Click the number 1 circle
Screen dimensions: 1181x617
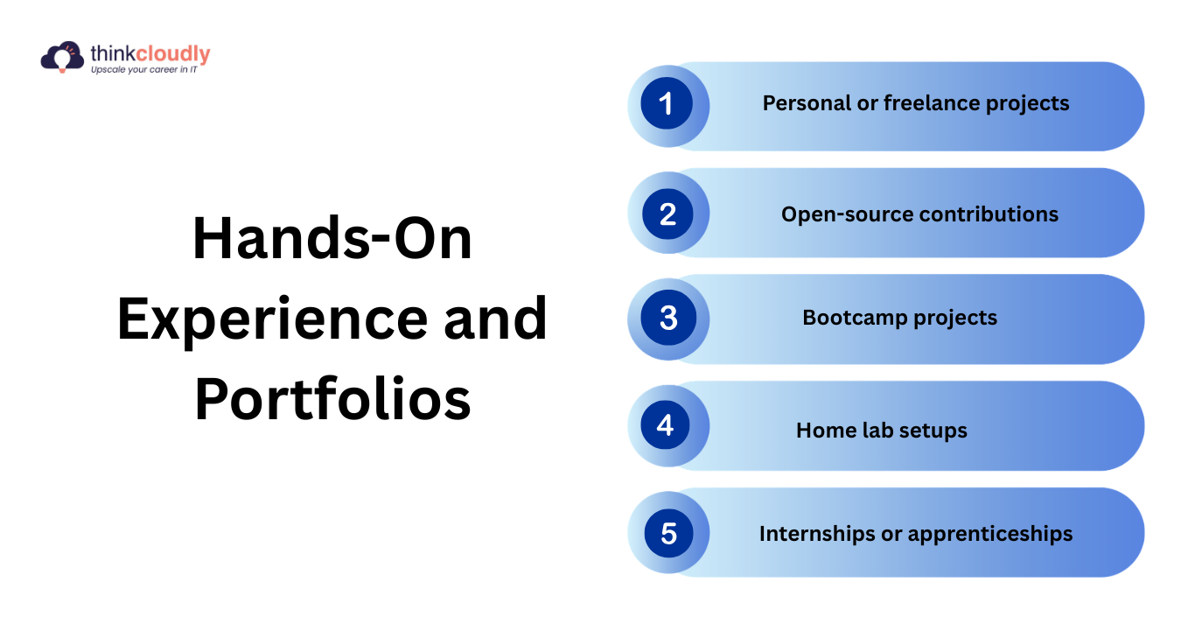[667, 103]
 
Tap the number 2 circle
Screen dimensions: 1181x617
[667, 214]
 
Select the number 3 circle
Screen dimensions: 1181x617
[668, 318]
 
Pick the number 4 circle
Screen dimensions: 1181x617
[666, 425]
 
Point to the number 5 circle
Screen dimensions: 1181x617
[668, 533]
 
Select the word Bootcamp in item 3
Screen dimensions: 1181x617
[855, 318]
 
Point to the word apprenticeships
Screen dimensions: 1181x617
[990, 534]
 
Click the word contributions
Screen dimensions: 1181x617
[989, 214]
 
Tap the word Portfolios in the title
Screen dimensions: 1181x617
[332, 399]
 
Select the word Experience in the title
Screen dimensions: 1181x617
[272, 319]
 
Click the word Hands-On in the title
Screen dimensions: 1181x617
[332, 238]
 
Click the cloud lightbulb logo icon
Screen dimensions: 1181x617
[62, 56]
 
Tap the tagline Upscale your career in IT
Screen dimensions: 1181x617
[144, 70]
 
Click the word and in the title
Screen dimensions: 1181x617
[495, 319]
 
